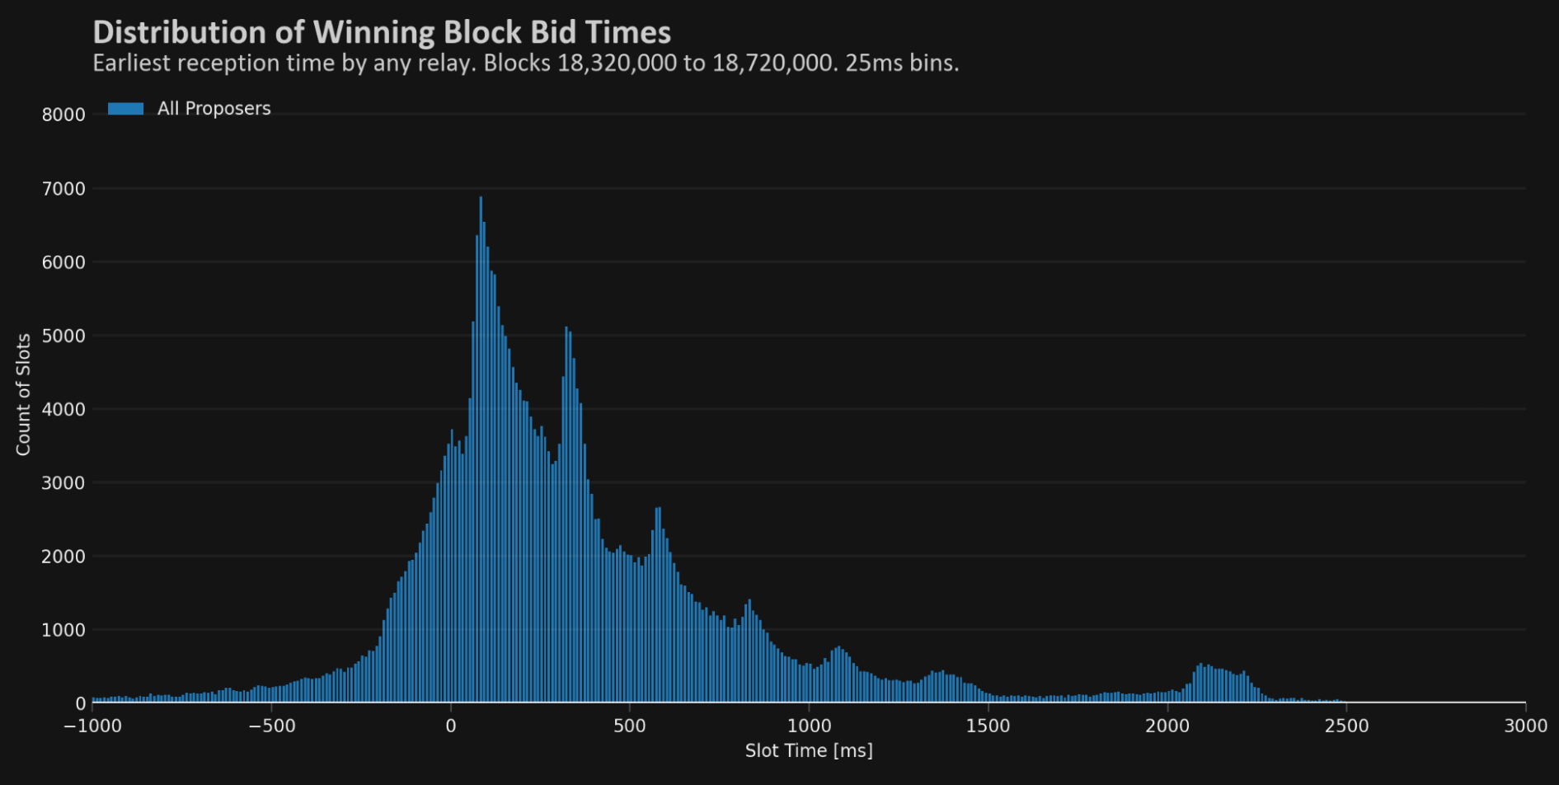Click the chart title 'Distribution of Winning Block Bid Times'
point(382,32)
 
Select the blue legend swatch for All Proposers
point(125,109)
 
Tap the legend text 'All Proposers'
point(214,109)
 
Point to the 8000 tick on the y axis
point(63,115)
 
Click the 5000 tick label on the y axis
point(63,336)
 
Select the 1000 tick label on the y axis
point(63,630)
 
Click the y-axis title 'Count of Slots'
point(23,394)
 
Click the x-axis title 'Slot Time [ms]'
point(808,750)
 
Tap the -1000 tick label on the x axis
point(92,726)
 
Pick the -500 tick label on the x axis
point(271,726)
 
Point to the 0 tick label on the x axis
point(450,726)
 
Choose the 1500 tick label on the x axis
point(988,726)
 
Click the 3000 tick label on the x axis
point(1524,726)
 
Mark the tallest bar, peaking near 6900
point(481,200)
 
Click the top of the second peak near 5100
point(566,331)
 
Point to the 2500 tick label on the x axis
point(1345,726)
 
